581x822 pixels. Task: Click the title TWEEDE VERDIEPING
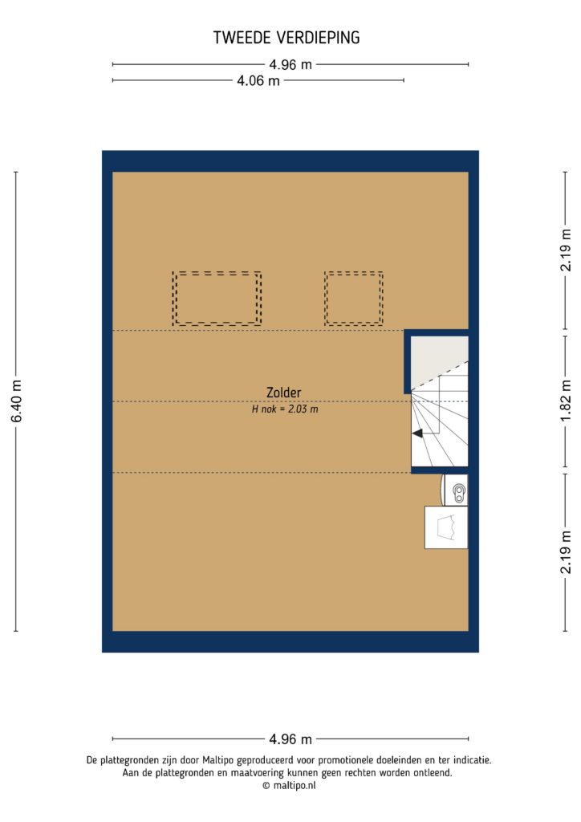286,38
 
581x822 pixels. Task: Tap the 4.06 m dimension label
258,80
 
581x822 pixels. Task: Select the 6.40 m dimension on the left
16,401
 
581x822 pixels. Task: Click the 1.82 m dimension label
566,401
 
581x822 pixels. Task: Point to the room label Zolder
284,393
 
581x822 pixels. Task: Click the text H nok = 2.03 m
285,409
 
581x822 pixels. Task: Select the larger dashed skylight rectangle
217,298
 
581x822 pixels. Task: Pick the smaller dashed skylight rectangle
354,298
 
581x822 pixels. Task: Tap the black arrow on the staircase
418,433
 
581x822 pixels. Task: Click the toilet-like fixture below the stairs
457,490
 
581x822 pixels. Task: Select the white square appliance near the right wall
446,527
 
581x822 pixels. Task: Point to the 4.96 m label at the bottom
290,739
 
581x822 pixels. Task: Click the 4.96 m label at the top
290,64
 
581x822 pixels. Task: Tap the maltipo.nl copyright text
290,787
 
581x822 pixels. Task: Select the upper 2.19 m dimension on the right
566,250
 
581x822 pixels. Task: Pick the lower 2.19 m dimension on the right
566,551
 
